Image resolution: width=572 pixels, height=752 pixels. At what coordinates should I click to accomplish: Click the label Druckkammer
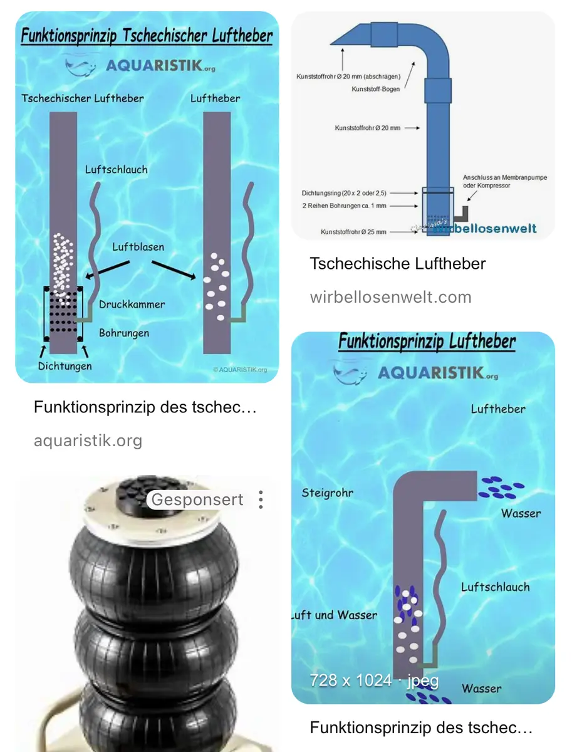[x=132, y=305]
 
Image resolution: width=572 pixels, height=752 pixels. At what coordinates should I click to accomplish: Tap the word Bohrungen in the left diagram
[x=124, y=333]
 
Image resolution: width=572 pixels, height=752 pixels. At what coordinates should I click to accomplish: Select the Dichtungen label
[x=65, y=366]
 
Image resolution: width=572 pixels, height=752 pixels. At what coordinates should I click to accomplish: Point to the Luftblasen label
[x=138, y=247]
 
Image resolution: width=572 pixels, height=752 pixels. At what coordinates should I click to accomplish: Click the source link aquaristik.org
[x=88, y=441]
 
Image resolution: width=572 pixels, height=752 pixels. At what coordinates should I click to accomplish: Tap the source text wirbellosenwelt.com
[x=390, y=296]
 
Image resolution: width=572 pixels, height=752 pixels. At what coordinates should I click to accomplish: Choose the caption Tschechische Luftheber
[x=398, y=263]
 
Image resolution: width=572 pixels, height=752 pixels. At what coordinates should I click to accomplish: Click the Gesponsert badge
[x=197, y=499]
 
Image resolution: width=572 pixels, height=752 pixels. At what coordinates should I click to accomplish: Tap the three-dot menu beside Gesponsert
[x=261, y=499]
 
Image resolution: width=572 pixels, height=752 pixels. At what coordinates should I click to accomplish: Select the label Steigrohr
[x=327, y=493]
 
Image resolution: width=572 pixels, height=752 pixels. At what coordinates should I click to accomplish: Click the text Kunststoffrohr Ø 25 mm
[x=354, y=232]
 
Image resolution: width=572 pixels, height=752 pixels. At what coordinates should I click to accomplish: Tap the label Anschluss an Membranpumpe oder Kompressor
[x=504, y=182]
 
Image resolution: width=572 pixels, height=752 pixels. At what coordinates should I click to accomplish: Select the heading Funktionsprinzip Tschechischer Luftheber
[x=147, y=35]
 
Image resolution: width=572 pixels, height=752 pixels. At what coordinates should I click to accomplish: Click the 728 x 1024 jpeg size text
[x=374, y=680]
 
